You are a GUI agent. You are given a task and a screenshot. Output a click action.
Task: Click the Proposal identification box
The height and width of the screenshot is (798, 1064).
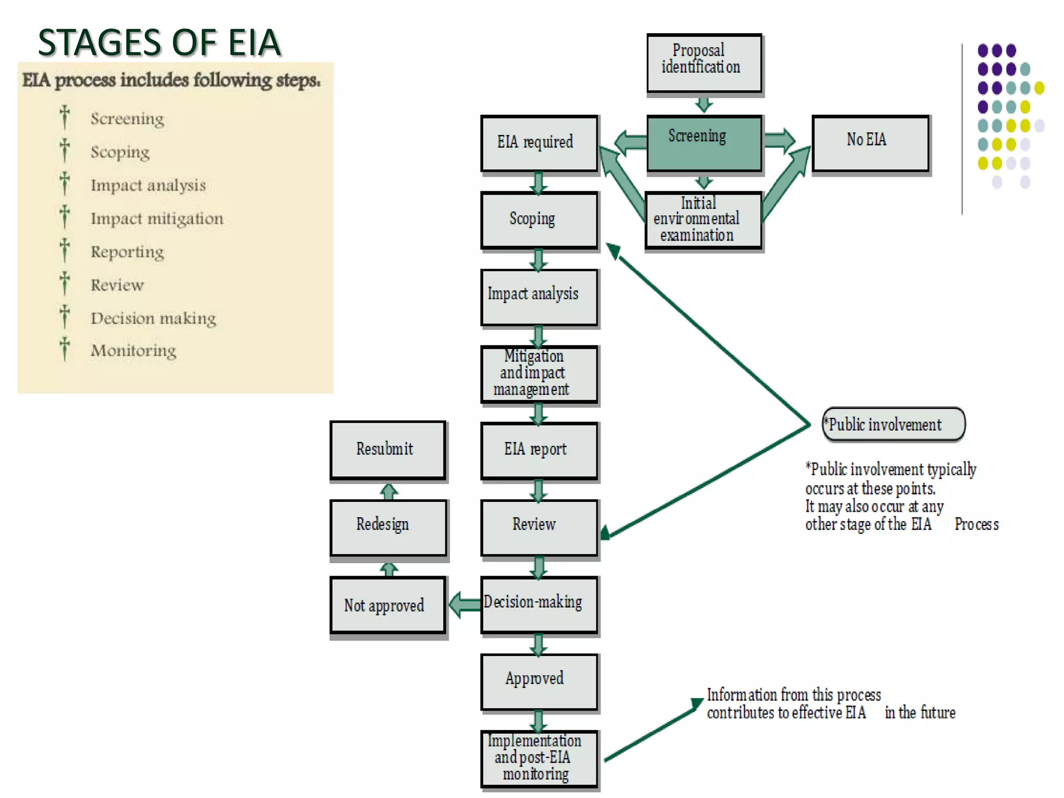[704, 63]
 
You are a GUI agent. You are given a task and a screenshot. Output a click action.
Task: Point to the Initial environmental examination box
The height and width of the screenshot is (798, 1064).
[703, 220]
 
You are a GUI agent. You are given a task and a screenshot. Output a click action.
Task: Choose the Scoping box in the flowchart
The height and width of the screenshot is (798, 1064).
[539, 220]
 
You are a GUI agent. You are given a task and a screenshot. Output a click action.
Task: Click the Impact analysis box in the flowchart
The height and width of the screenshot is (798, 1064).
[539, 297]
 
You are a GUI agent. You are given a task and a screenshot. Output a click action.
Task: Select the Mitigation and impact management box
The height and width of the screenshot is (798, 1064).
[539, 374]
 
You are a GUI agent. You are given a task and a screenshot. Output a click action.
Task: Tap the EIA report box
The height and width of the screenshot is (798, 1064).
[539, 450]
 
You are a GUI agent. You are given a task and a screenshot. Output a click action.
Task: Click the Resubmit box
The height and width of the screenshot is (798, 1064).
[388, 450]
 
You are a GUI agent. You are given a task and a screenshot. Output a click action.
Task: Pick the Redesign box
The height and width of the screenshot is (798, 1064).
[388, 527]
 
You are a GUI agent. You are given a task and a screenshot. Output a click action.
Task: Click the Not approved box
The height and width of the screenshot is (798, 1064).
[388, 605]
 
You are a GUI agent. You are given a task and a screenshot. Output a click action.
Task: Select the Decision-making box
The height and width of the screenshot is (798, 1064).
[539, 604]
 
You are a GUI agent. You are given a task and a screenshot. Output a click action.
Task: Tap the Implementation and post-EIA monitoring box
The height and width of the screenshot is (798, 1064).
[539, 758]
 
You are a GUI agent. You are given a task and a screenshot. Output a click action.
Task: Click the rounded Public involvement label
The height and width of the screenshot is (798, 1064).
[893, 424]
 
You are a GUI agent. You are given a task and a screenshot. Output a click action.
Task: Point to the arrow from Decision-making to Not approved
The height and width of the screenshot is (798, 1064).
[464, 605]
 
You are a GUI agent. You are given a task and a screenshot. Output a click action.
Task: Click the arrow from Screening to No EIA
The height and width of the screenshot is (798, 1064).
[779, 139]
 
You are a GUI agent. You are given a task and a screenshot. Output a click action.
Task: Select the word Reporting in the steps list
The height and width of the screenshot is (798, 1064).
[127, 252]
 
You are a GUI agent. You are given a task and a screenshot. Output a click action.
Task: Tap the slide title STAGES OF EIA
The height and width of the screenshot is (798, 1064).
[159, 43]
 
